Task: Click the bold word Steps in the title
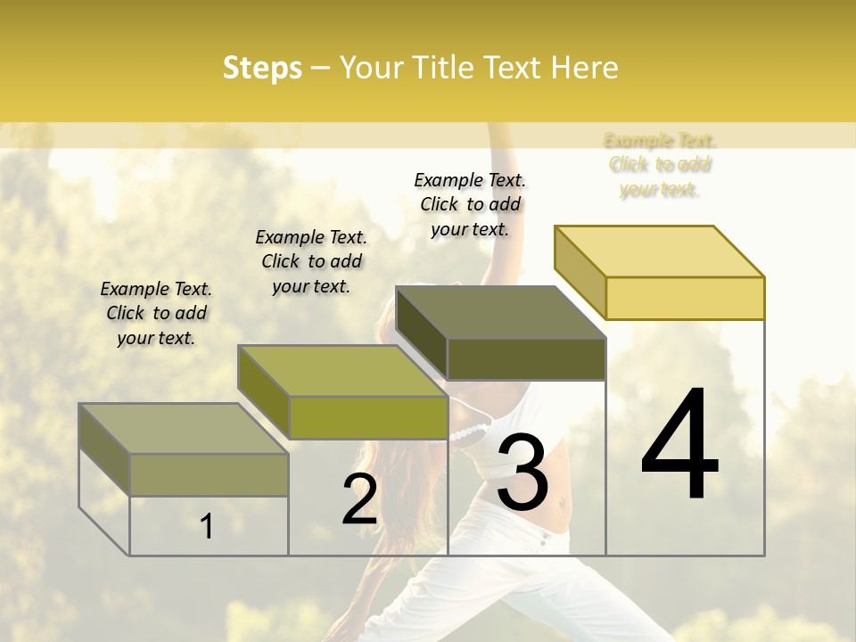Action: click(x=262, y=68)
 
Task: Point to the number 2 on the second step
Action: click(x=359, y=500)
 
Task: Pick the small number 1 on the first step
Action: click(x=207, y=526)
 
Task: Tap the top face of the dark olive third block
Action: click(x=500, y=312)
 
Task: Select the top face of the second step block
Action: click(x=342, y=371)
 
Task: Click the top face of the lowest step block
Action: click(x=183, y=429)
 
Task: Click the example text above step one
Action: click(x=156, y=313)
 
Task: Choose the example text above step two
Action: click(x=311, y=261)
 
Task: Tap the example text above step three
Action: click(x=470, y=204)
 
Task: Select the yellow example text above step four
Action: click(x=660, y=164)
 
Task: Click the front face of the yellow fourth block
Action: click(x=685, y=298)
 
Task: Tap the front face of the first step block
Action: click(x=209, y=474)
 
